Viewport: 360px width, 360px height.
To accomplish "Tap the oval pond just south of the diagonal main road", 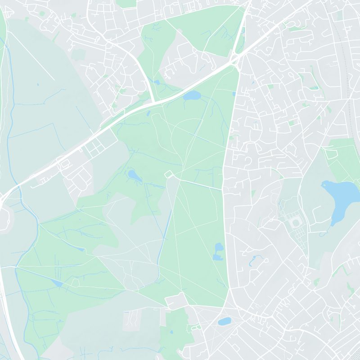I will [x=192, y=95].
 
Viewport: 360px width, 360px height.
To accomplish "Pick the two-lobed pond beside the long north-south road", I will [x=219, y=251].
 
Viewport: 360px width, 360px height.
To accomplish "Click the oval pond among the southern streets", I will [x=224, y=321].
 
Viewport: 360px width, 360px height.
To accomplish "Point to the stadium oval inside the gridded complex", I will [x=296, y=223].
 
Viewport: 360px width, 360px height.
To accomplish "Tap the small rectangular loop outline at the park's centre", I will [x=169, y=174].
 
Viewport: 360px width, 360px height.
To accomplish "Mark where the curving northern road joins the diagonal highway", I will [x=153, y=102].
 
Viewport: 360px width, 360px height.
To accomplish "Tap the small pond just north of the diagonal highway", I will [x=157, y=82].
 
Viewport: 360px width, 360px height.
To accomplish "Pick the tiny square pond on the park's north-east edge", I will [x=234, y=94].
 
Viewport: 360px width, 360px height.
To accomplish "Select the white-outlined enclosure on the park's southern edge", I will [x=177, y=301].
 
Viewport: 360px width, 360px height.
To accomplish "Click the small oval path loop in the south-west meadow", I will [x=75, y=282].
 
